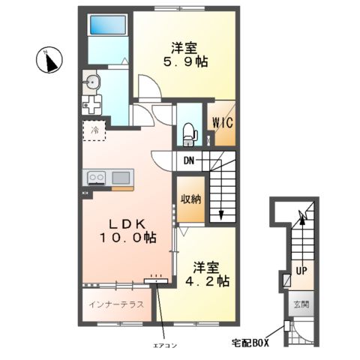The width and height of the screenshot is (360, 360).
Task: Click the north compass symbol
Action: (x=49, y=60)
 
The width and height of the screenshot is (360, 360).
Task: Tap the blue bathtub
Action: (x=108, y=25)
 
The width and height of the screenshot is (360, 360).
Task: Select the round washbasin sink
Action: (x=91, y=82)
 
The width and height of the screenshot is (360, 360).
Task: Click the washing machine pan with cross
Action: (x=91, y=105)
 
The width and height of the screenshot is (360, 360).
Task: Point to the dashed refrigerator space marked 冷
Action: (x=94, y=130)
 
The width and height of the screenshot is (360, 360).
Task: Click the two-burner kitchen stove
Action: (x=96, y=177)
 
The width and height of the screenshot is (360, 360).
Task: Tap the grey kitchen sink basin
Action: (x=121, y=178)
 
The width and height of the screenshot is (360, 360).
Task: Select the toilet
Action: (x=190, y=135)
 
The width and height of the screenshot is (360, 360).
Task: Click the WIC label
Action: (x=223, y=122)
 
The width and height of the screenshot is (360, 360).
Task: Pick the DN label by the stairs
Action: (x=189, y=160)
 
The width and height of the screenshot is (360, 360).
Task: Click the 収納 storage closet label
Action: (x=191, y=199)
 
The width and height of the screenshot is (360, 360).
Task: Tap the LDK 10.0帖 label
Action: (x=128, y=231)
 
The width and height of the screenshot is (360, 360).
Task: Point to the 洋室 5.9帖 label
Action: (x=185, y=55)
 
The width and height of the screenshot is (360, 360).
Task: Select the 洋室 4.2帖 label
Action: (x=207, y=274)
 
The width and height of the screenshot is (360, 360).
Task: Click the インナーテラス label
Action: (x=116, y=304)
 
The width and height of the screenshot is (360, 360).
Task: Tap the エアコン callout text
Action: (x=165, y=346)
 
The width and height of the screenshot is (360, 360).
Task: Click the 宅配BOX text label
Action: (x=250, y=343)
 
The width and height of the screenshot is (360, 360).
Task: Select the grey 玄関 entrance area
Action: (x=301, y=304)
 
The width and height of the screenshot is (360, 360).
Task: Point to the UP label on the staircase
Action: (x=301, y=271)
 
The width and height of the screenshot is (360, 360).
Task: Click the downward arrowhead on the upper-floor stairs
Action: (x=221, y=214)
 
